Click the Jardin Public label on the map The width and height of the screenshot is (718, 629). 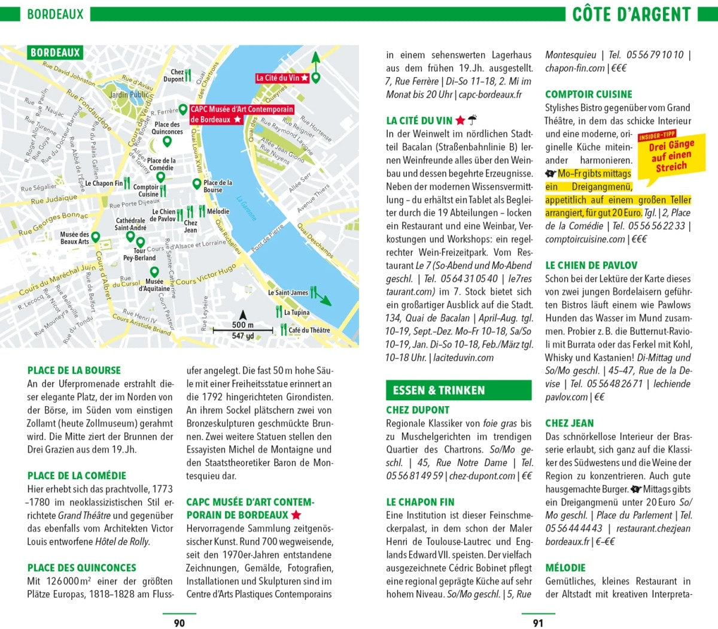coord(129,95)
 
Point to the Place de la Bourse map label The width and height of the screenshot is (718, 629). coord(217,186)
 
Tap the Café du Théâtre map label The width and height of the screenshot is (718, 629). coord(309,330)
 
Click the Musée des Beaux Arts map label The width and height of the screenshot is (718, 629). coord(74,238)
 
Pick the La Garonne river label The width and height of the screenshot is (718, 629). coord(246,207)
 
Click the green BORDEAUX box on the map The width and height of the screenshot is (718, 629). coord(55,53)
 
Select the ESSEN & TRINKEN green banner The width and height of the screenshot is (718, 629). coord(439,391)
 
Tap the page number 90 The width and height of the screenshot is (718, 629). coord(179,623)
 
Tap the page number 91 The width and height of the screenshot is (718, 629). coord(538,623)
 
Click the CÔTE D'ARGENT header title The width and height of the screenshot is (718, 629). coord(631,14)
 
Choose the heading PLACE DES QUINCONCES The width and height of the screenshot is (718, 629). coord(81,568)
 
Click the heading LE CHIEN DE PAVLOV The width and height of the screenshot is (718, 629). coord(591,265)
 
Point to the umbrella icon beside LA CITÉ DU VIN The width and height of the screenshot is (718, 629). coord(473,120)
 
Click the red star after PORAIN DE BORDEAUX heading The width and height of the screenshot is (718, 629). coord(296,515)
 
